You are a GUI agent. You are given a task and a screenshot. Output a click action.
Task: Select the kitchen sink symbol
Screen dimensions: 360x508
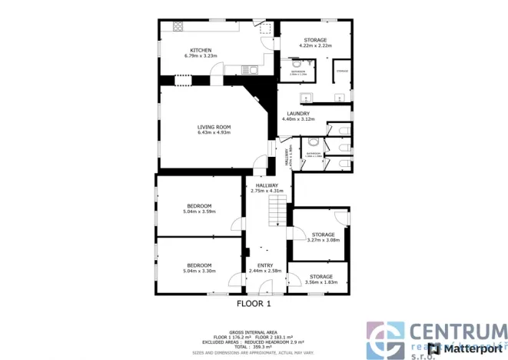pyautogui.click(x=250, y=70)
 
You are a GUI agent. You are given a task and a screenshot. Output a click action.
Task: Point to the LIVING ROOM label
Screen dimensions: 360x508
pyautogui.click(x=214, y=127)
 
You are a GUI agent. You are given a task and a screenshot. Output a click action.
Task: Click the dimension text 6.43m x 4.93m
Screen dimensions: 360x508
pyautogui.click(x=214, y=134)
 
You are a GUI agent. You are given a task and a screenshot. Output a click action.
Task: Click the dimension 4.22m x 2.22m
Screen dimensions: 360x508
pyautogui.click(x=315, y=46)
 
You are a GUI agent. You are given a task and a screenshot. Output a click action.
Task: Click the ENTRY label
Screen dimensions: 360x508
pyautogui.click(x=265, y=265)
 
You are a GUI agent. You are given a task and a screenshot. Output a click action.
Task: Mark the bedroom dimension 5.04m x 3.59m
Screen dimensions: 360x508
pyautogui.click(x=199, y=212)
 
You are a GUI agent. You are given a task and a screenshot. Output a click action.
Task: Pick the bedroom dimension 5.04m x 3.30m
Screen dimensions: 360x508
pyautogui.click(x=199, y=271)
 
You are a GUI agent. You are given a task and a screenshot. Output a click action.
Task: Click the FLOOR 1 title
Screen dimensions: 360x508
pyautogui.click(x=254, y=304)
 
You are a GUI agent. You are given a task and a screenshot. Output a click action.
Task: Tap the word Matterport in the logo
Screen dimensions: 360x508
pyautogui.click(x=470, y=348)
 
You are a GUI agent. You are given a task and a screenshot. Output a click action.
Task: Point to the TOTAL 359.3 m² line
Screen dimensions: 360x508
pyautogui.click(x=254, y=345)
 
